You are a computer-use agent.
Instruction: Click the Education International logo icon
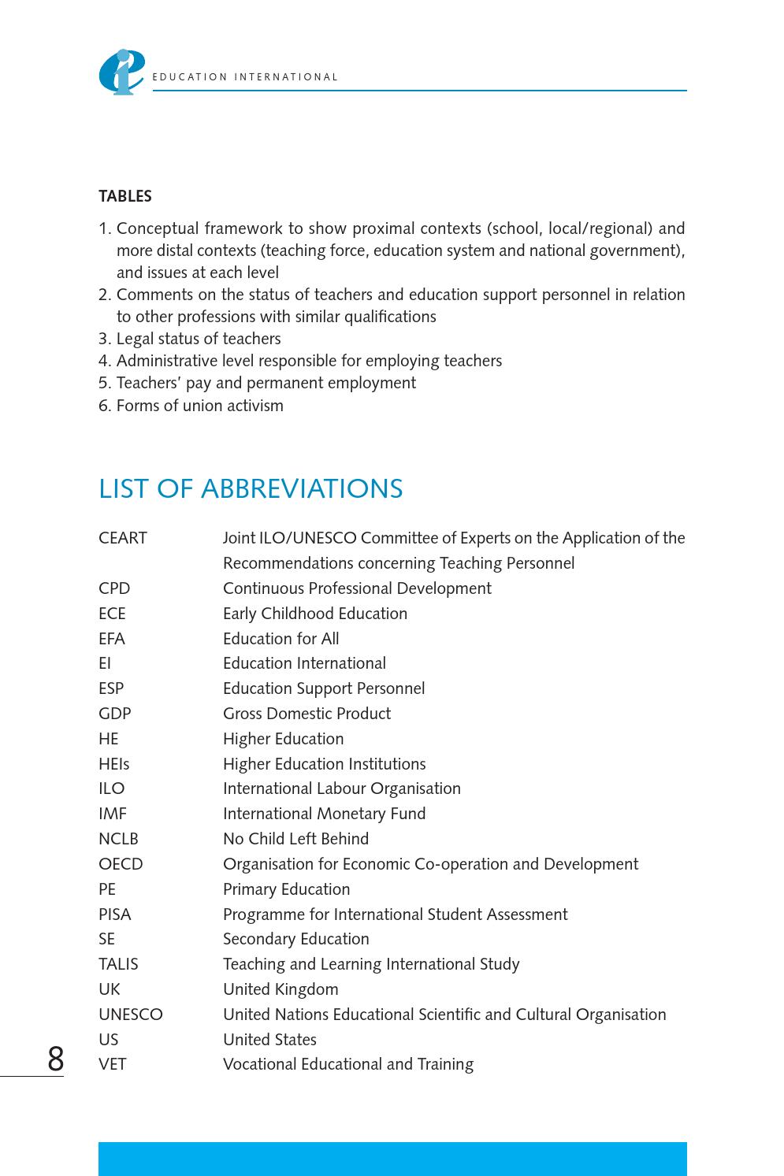pyautogui.click(x=121, y=72)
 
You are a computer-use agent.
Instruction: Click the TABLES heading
pyautogui.click(x=125, y=196)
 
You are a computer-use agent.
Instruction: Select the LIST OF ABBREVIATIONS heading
pyautogui.click(x=251, y=489)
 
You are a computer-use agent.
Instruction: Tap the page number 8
pyautogui.click(x=55, y=1059)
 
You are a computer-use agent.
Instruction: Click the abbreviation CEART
pyautogui.click(x=123, y=538)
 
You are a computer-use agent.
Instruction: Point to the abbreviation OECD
pyautogui.click(x=121, y=864)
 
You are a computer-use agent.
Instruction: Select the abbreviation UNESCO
pyautogui.click(x=131, y=1015)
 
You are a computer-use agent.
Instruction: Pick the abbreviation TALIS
pyautogui.click(x=118, y=964)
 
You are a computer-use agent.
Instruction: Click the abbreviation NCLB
pyautogui.click(x=118, y=839)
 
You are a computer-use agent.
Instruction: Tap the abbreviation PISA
pyautogui.click(x=115, y=914)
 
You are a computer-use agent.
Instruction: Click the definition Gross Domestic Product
pyautogui.click(x=307, y=714)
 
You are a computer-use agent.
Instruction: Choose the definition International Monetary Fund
pyautogui.click(x=324, y=814)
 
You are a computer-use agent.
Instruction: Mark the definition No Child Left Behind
pyautogui.click(x=295, y=839)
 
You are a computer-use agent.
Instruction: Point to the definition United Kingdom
pyautogui.click(x=281, y=989)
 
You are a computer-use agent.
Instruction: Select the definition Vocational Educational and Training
pyautogui.click(x=348, y=1064)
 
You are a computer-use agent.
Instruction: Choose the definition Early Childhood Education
pyautogui.click(x=315, y=614)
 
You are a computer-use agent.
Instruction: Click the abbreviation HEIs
pyautogui.click(x=114, y=764)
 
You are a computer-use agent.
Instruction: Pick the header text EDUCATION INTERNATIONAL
pyautogui.click(x=245, y=77)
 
